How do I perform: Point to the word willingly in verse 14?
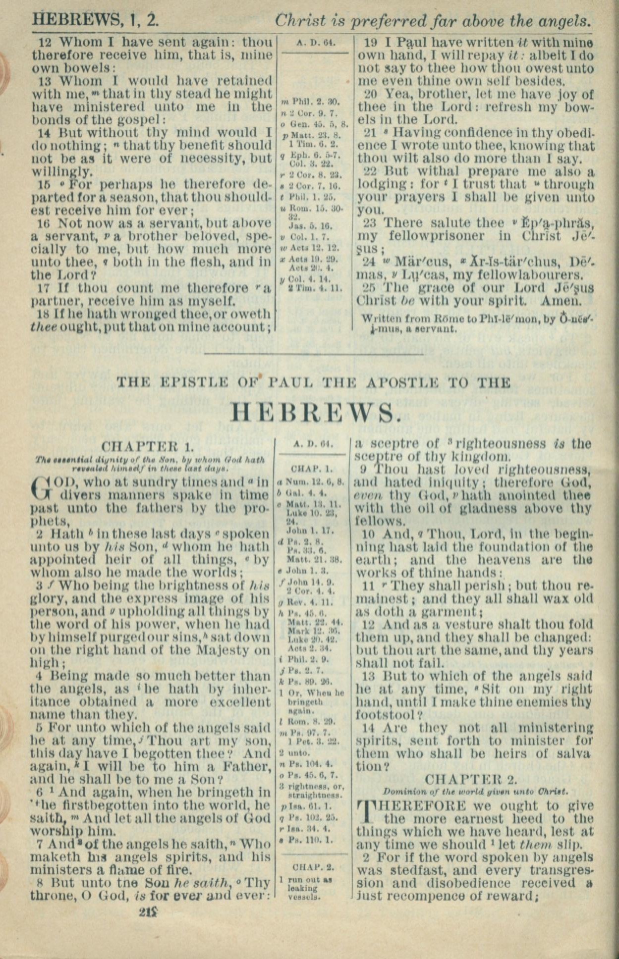point(62,172)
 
